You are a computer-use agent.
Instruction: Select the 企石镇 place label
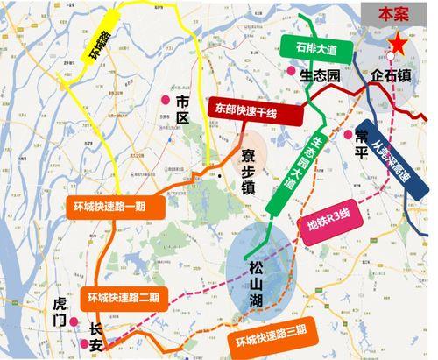click(x=392, y=76)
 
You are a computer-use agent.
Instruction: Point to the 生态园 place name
click(x=320, y=74)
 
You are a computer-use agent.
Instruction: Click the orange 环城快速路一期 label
click(x=110, y=208)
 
